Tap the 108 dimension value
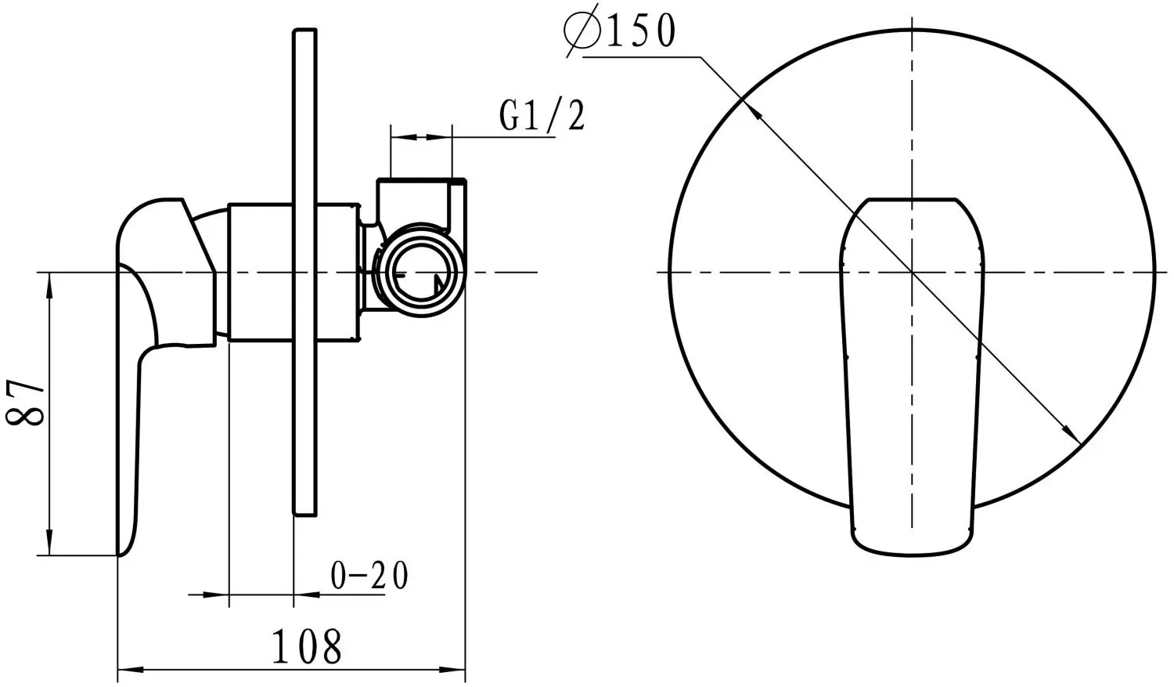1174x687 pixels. point(307,646)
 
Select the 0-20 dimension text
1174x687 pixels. point(369,575)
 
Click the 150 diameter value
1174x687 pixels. point(640,31)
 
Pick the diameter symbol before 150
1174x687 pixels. point(582,31)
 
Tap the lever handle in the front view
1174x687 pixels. point(913,378)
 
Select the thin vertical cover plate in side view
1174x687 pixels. point(305,273)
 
